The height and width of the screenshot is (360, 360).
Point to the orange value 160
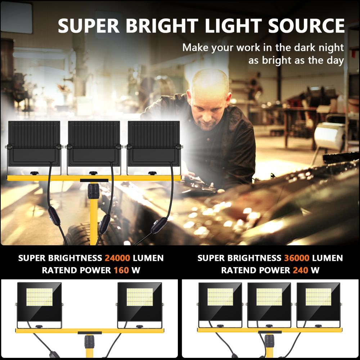click(121, 270)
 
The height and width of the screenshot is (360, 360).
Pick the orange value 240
click(301, 270)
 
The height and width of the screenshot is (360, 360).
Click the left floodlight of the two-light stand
click(39, 302)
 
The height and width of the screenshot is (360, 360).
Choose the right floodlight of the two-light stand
click(140, 302)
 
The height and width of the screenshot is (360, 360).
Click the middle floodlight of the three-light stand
click(269, 302)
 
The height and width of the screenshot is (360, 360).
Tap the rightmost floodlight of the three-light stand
click(318, 302)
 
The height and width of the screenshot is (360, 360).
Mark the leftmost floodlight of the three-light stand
click(220, 302)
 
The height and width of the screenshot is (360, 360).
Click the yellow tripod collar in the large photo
click(94, 191)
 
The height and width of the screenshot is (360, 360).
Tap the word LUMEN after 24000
click(148, 258)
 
